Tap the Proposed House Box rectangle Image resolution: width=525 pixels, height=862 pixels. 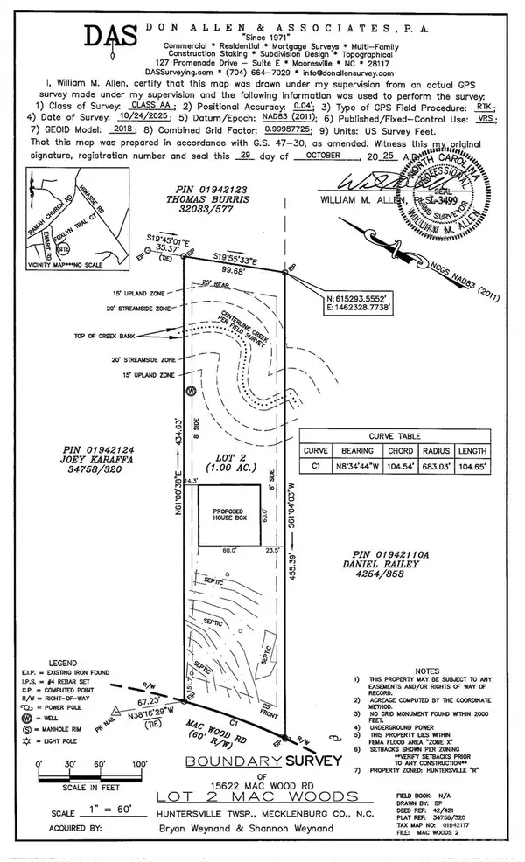coord(227,517)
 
